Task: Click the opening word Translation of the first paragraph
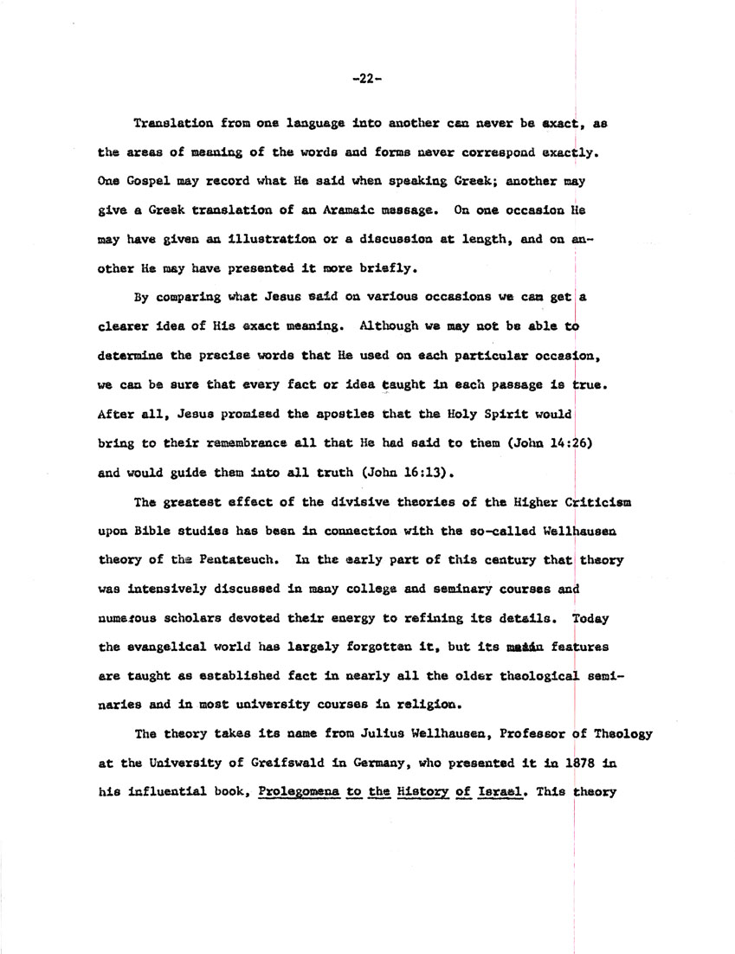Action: click(171, 124)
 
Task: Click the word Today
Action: click(590, 619)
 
